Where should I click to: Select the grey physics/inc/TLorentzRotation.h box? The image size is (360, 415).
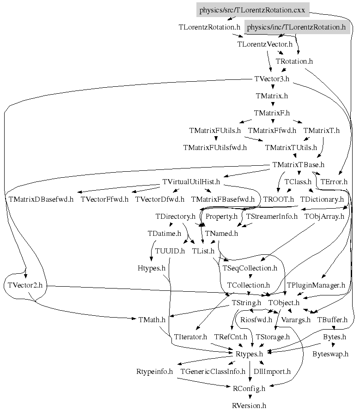click(296, 27)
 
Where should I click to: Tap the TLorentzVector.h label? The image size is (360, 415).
click(265, 44)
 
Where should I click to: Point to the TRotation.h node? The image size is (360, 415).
click(294, 61)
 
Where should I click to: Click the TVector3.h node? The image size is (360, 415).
click(272, 78)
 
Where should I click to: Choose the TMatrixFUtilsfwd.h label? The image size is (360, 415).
click(215, 148)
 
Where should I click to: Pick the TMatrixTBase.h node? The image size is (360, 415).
click(299, 164)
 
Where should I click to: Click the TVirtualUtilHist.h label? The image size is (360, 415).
click(191, 181)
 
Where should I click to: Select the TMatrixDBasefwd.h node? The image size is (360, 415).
click(41, 199)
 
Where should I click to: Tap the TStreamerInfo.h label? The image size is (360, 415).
click(272, 216)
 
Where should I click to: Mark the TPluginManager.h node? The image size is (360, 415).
click(316, 285)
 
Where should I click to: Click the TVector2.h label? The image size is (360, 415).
click(25, 285)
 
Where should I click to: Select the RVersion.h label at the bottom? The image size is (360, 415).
click(249, 406)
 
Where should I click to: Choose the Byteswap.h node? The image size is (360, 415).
click(330, 354)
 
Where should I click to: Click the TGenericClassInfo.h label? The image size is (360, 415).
click(213, 371)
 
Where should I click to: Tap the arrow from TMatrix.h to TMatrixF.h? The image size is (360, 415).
click(272, 104)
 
